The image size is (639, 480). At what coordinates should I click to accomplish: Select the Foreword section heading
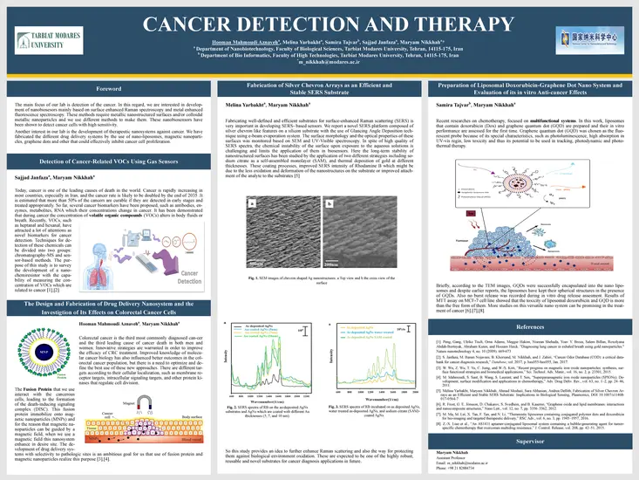click(109, 90)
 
